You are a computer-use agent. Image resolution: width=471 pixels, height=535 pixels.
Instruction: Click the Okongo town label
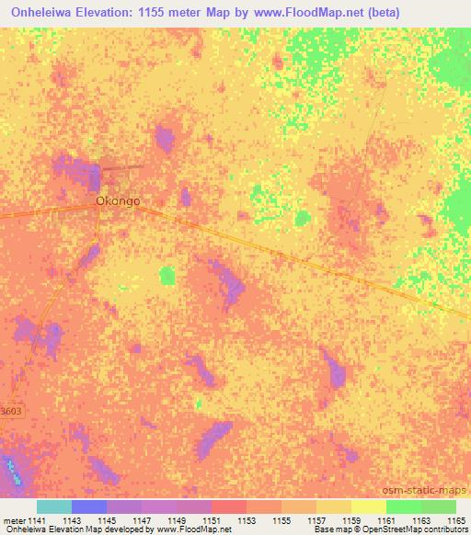click(x=118, y=199)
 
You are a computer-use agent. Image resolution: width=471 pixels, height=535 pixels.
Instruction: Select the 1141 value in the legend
click(x=37, y=520)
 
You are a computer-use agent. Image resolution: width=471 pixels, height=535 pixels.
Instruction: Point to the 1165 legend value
click(x=457, y=520)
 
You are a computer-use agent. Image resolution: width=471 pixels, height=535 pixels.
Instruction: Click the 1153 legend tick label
click(x=247, y=520)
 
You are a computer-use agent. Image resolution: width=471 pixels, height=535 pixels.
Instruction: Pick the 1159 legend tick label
click(x=352, y=520)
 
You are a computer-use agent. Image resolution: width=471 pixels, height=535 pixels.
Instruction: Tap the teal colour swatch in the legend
click(x=54, y=507)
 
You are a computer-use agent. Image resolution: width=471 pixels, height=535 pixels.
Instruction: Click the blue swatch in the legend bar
click(x=89, y=507)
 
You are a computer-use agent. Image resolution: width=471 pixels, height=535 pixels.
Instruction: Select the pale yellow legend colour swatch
click(x=368, y=507)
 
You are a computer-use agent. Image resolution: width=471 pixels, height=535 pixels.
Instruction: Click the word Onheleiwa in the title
click(x=50, y=11)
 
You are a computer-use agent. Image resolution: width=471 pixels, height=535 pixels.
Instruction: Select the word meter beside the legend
click(x=14, y=520)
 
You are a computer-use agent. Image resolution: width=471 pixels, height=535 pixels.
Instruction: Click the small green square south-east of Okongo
click(x=167, y=275)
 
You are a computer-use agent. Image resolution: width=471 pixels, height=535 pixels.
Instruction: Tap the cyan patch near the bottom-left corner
click(x=12, y=470)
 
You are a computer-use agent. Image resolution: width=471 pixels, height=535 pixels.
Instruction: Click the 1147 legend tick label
click(x=143, y=520)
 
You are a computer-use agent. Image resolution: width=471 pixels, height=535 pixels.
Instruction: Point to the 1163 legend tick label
click(x=422, y=520)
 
